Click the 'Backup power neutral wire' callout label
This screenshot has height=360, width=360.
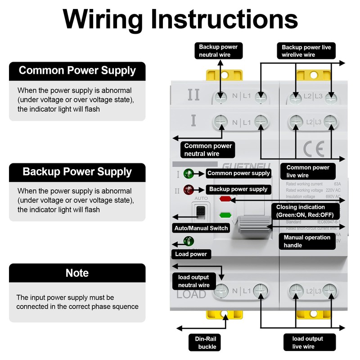tap(218, 51)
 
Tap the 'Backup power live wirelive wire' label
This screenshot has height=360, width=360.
tap(306, 51)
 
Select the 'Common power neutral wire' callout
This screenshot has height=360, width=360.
tap(208, 150)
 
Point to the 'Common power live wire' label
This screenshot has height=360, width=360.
tap(308, 171)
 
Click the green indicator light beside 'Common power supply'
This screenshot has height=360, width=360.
tap(188, 173)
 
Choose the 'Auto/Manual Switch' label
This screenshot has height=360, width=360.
tap(201, 228)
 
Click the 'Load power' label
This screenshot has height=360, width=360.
tap(191, 254)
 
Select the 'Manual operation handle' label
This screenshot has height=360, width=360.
tap(307, 241)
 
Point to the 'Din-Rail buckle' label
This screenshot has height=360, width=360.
tap(207, 342)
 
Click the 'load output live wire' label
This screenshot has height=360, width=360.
tap(308, 342)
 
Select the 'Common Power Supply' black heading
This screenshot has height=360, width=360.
tap(77, 71)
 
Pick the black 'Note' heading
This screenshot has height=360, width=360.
tap(77, 273)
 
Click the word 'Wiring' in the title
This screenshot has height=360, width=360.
tap(103, 19)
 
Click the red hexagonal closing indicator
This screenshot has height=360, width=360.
tap(225, 198)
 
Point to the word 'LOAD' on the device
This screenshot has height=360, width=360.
tap(191, 295)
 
